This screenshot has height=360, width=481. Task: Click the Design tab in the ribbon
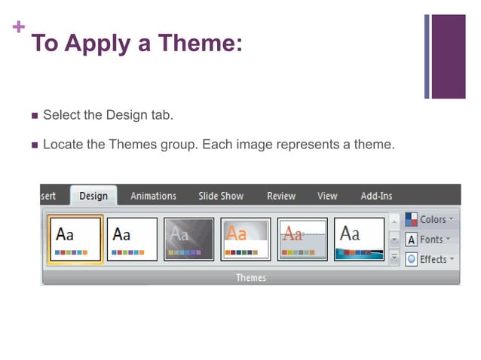tap(93, 196)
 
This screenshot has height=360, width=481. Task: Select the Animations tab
tap(153, 196)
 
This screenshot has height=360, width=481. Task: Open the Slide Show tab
tap(221, 196)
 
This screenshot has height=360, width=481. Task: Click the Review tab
tap(281, 196)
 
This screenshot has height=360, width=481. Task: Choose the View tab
tap(327, 196)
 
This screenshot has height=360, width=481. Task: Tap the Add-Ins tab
tap(376, 196)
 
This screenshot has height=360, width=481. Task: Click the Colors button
tap(430, 219)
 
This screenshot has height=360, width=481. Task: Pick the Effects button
tap(430, 259)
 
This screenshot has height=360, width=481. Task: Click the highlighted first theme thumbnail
tap(75, 239)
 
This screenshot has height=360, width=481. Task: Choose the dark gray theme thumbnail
tap(188, 239)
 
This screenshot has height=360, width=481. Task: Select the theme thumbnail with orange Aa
tap(246, 239)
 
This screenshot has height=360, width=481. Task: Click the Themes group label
tap(251, 278)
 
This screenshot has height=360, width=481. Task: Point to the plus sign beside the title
tap(19, 28)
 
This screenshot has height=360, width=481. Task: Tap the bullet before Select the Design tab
tap(34, 116)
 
